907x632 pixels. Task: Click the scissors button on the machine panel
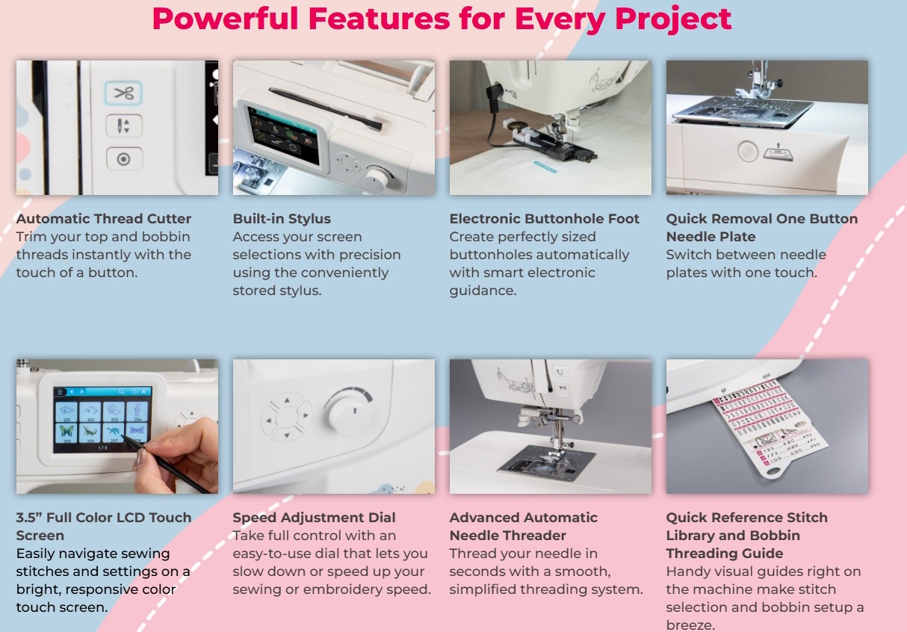[123, 93]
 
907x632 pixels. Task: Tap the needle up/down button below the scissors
[124, 126]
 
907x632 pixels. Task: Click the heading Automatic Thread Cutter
[104, 219]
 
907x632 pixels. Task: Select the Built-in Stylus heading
[282, 219]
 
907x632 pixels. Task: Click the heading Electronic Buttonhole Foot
[544, 219]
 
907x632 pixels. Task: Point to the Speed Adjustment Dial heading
[315, 518]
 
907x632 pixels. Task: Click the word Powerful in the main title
[226, 19]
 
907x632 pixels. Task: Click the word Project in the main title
[673, 19]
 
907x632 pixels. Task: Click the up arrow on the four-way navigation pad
[287, 400]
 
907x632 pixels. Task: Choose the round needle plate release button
[747, 151]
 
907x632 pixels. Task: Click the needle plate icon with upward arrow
[778, 152]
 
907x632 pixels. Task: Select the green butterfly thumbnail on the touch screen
[66, 433]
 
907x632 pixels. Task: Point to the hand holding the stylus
[178, 450]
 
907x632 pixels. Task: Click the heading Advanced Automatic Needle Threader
[524, 527]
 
